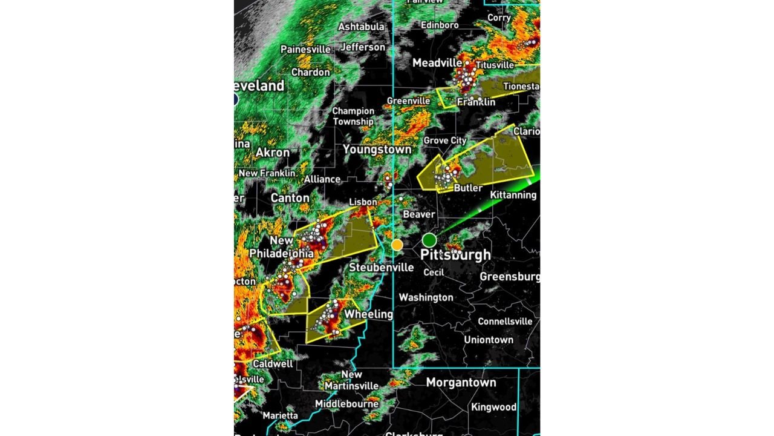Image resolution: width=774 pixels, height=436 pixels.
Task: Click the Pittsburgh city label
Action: click(455, 255)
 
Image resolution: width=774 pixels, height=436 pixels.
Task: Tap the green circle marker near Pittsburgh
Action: click(429, 240)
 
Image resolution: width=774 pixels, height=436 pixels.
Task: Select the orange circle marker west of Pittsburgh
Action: click(397, 245)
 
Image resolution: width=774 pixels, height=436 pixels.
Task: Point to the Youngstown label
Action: click(377, 149)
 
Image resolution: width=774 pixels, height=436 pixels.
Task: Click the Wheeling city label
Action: click(368, 314)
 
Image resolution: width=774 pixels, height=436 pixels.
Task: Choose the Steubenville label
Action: click(382, 267)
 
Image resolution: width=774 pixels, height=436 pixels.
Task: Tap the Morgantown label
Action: click(461, 382)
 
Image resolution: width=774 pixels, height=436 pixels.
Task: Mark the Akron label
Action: click(273, 153)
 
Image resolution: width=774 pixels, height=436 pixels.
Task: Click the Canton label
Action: click(290, 198)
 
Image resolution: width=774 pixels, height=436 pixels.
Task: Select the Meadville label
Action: click(437, 63)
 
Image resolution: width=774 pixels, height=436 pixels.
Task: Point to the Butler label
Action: click(468, 188)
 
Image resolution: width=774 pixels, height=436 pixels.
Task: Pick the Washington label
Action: click(426, 297)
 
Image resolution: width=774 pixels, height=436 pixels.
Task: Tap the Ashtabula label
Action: click(361, 27)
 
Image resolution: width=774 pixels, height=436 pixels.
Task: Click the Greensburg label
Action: click(510, 277)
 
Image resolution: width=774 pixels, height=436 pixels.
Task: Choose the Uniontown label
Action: click(489, 340)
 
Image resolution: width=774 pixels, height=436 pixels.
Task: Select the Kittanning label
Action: click(513, 195)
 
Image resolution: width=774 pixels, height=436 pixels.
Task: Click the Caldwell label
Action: click(273, 364)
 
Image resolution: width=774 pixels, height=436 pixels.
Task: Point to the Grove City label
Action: click(444, 140)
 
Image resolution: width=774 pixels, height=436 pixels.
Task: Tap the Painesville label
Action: click(305, 49)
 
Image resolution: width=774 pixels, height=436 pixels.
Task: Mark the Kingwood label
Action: click(493, 407)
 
